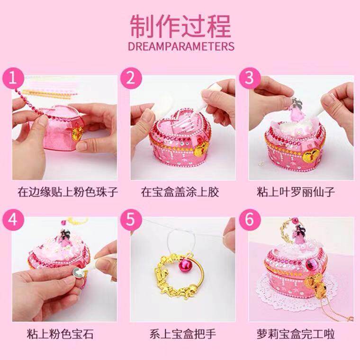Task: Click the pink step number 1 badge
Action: click(13, 78)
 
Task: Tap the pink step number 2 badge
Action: click(131, 78)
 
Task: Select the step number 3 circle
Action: click(250, 78)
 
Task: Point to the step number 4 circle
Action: click(13, 220)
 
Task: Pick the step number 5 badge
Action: click(131, 220)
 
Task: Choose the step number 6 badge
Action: click(250, 220)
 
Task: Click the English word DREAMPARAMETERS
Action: click(181, 46)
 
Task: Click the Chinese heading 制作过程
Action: click(180, 26)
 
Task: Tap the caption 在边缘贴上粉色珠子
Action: click(68, 192)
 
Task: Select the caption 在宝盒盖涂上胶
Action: click(180, 192)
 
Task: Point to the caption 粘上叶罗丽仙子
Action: click(296, 192)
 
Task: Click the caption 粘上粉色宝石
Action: click(60, 334)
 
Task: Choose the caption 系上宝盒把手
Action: click(183, 334)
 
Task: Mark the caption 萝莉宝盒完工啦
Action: click(296, 334)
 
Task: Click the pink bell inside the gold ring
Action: click(184, 266)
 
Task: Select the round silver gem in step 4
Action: click(76, 272)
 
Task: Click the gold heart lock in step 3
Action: click(311, 155)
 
